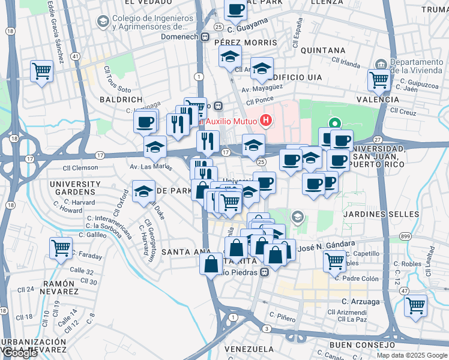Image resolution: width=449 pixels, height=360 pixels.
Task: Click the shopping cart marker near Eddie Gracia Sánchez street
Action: click(x=41, y=71)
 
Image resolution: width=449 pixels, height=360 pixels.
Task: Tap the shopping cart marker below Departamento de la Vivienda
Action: click(x=379, y=79)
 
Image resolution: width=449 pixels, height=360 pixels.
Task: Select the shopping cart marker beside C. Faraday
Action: click(x=61, y=248)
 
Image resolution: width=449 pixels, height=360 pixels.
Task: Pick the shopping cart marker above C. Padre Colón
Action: click(x=334, y=260)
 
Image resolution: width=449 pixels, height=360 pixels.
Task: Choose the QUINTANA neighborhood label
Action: click(x=323, y=50)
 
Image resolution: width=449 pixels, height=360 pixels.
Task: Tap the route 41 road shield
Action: click(x=75, y=56)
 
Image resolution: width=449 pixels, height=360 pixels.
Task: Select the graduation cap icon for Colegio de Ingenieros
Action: click(x=103, y=22)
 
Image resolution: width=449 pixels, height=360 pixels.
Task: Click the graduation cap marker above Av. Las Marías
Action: click(x=155, y=146)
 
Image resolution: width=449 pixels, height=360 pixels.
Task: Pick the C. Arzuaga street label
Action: click(x=360, y=301)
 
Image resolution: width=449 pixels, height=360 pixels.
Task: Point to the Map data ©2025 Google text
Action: click(x=411, y=355)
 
